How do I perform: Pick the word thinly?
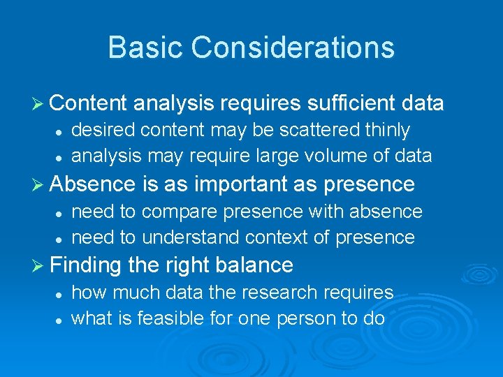(386, 130)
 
